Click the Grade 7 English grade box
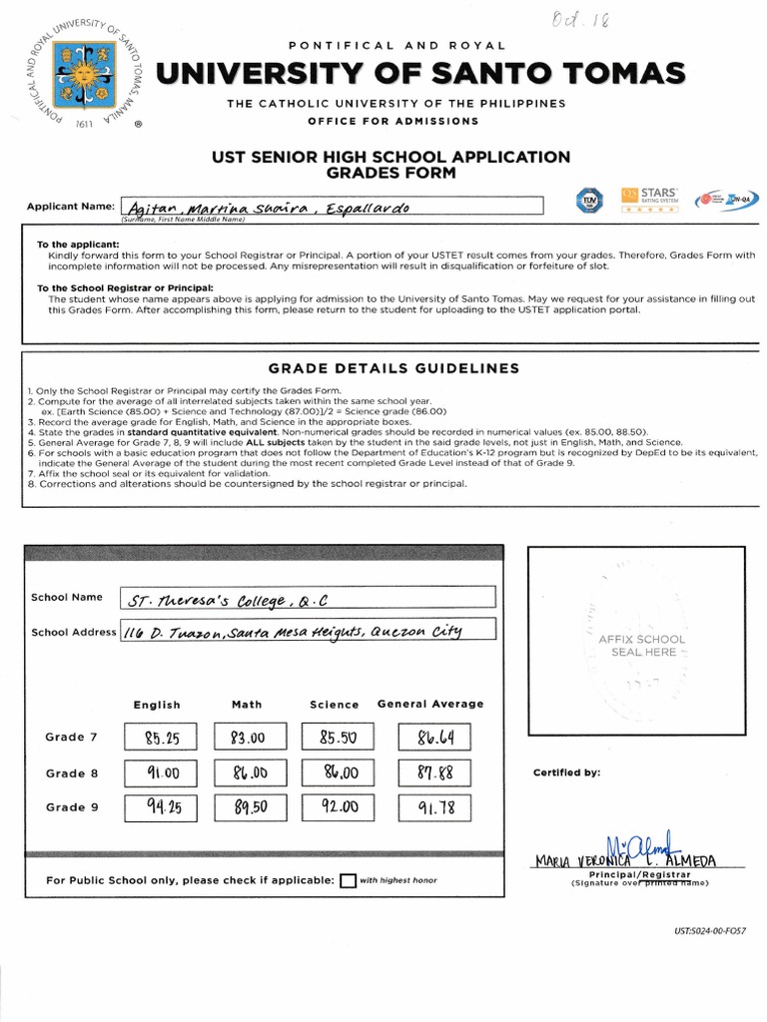click(x=161, y=738)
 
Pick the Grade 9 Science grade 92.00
click(x=338, y=807)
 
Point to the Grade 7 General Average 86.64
click(x=433, y=738)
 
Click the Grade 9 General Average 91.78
click(x=433, y=807)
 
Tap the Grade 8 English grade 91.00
click(x=161, y=772)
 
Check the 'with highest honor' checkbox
click(x=348, y=880)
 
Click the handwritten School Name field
click(x=308, y=599)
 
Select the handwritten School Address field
click(x=308, y=631)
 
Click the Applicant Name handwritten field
click(x=331, y=207)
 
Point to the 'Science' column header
click(x=334, y=705)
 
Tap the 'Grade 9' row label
click(x=72, y=807)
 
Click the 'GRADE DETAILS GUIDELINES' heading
click(x=394, y=368)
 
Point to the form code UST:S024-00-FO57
click(x=710, y=930)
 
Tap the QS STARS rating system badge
click(x=649, y=199)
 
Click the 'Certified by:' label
click(x=566, y=772)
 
